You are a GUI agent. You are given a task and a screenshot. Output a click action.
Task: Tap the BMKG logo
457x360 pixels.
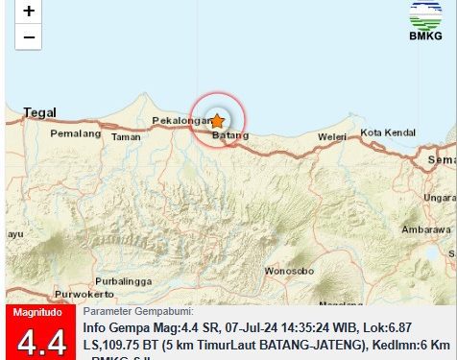click(x=426, y=24)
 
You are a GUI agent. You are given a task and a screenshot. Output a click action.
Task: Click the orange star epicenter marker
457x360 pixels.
click(x=217, y=121)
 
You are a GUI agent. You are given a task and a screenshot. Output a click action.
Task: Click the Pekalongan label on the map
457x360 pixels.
click(x=180, y=121)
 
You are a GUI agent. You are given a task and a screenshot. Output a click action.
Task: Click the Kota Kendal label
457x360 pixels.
click(x=385, y=132)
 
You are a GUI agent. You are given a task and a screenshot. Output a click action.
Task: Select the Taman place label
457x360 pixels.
click(x=127, y=137)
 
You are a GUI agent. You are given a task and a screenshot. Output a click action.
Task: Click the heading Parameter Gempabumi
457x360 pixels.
click(x=138, y=311)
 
